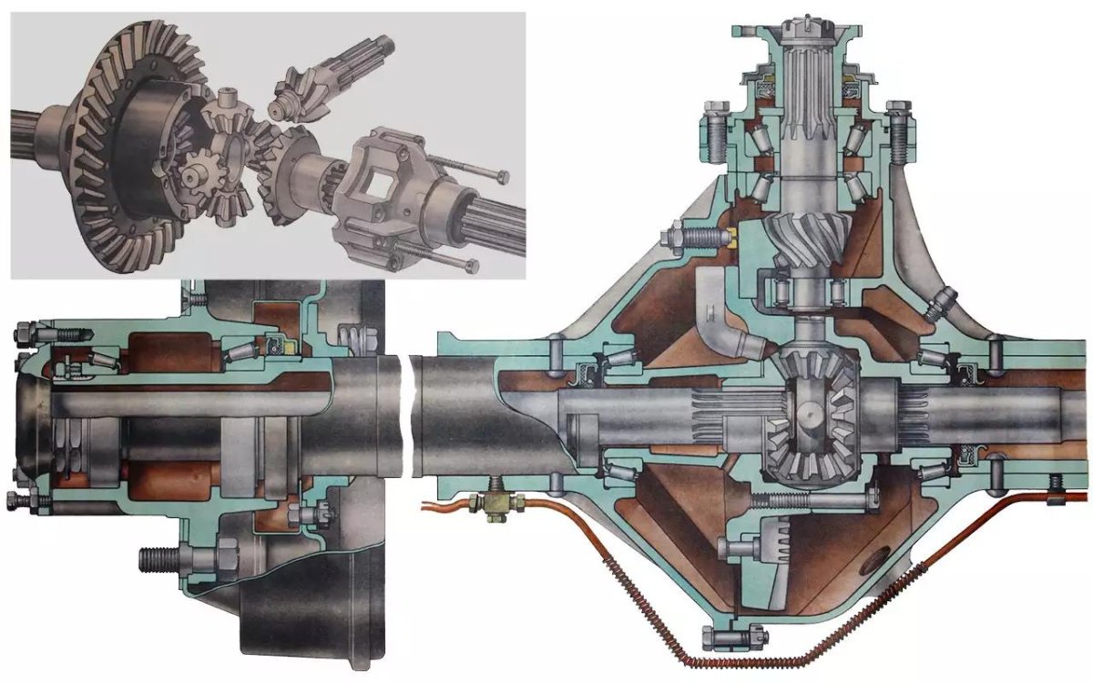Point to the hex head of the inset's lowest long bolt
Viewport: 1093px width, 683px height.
tap(468, 265)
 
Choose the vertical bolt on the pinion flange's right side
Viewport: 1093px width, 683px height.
tap(901, 132)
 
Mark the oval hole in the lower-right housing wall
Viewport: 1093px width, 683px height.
tap(879, 556)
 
